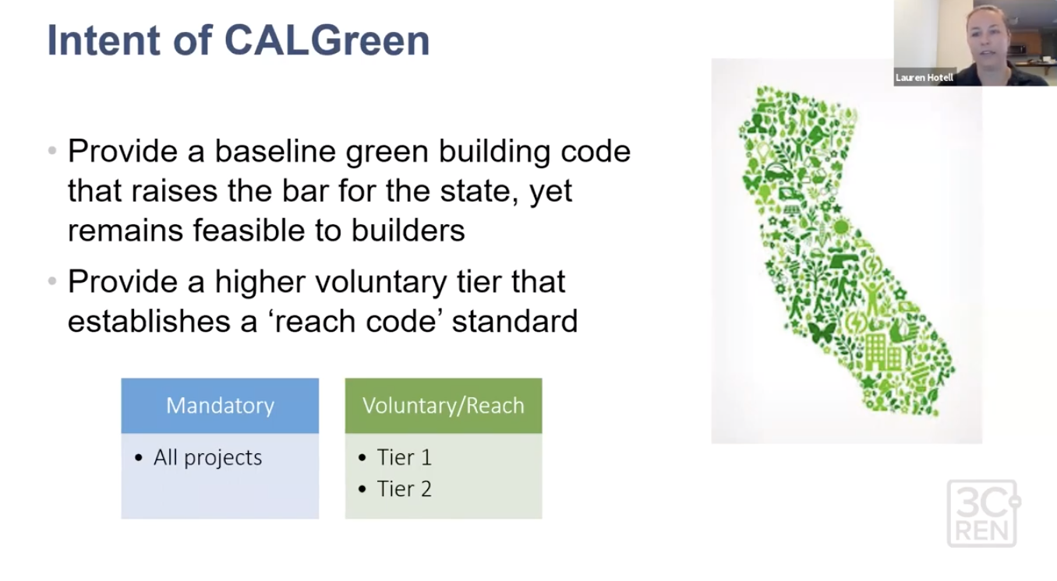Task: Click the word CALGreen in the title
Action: (x=327, y=40)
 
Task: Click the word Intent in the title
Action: (x=104, y=40)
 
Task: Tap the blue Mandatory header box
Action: (x=220, y=406)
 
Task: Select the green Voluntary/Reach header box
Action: (x=444, y=406)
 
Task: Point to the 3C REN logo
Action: (x=984, y=513)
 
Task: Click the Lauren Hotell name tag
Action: (x=924, y=78)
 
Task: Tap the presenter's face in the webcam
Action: (x=988, y=34)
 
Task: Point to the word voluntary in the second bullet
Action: (x=381, y=283)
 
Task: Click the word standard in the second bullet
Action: (x=514, y=321)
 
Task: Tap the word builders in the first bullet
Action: (x=408, y=231)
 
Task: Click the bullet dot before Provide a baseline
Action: (x=52, y=151)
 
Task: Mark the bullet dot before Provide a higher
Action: (x=52, y=281)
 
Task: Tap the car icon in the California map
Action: (x=778, y=171)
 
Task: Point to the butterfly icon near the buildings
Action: (x=822, y=333)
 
